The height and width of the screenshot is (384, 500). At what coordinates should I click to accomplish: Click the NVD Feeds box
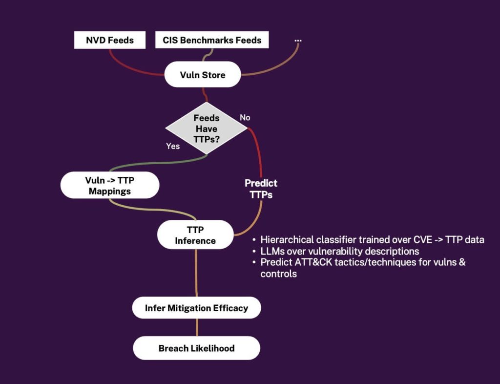[110, 40]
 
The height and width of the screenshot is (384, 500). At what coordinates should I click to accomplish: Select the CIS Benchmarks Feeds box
[212, 40]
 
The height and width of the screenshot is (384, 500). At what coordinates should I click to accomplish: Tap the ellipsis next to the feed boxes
[298, 39]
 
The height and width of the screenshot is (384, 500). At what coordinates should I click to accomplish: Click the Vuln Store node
[202, 75]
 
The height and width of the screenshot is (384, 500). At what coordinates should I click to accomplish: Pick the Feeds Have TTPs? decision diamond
[207, 128]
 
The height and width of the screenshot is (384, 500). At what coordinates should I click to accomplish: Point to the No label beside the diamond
[245, 117]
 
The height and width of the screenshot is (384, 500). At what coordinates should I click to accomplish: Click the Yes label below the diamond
[173, 146]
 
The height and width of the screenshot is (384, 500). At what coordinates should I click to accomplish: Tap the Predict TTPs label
[261, 189]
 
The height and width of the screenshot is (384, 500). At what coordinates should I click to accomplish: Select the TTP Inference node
[195, 235]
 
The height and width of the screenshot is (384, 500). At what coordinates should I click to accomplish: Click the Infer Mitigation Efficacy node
[196, 308]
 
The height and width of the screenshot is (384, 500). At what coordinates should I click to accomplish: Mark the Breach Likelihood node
[196, 348]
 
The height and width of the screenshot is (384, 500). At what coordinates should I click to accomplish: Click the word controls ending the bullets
[278, 274]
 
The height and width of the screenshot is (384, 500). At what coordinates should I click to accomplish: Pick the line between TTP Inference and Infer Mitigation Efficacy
[196, 274]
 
